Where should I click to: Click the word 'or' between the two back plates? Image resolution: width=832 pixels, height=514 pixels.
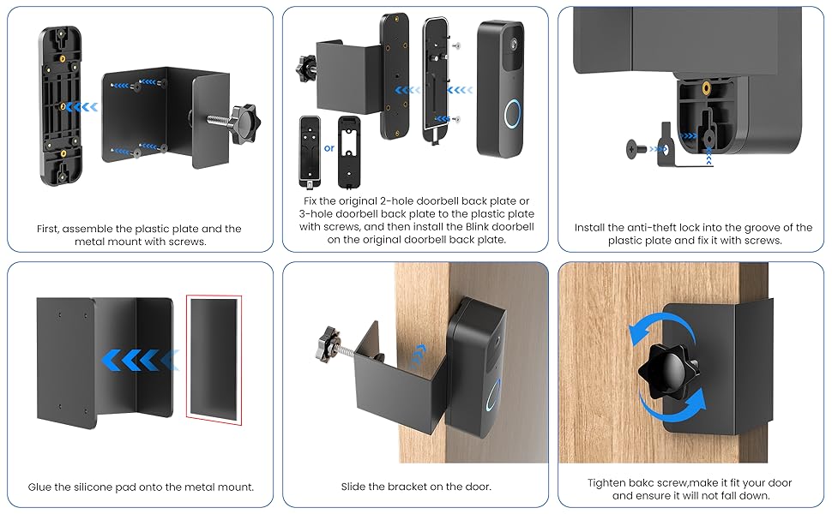pos(329,148)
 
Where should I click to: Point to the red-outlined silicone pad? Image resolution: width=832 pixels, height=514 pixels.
pos(214,356)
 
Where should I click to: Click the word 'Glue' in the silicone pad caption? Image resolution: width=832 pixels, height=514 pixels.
pos(42,487)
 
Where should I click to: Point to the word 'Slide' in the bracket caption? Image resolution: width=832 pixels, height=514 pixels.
pos(356,487)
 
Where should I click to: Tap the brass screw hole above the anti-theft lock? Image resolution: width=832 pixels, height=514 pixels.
pos(705,87)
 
